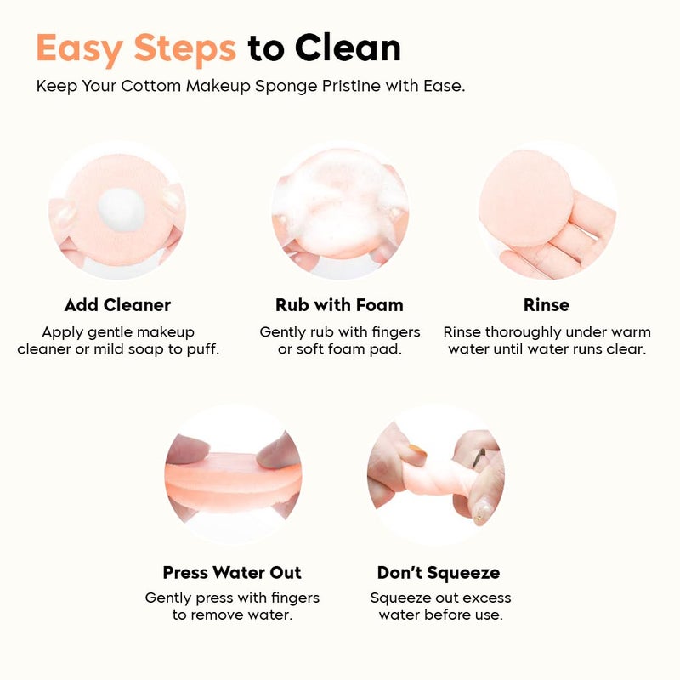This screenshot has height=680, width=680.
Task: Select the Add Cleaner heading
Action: (117, 305)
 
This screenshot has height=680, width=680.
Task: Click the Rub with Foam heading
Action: (339, 305)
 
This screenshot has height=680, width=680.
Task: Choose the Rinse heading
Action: (547, 305)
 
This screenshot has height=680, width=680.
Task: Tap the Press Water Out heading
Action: (232, 573)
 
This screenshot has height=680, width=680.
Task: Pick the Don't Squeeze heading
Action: (439, 573)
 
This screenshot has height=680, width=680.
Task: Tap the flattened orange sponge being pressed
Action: (233, 476)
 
